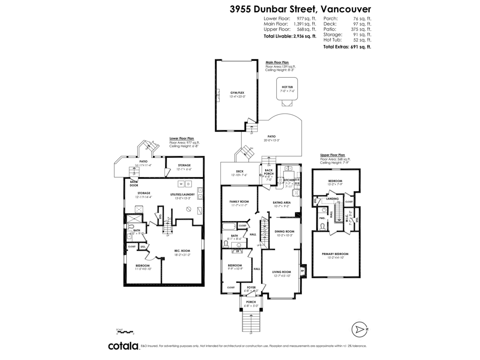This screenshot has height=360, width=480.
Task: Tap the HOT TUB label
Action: coord(287,87)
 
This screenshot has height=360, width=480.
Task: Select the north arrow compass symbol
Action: coord(360,329)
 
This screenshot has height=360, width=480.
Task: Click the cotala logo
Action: coord(123,346)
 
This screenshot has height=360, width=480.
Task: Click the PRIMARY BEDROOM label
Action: coord(335,254)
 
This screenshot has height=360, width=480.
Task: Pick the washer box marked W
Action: coord(181,184)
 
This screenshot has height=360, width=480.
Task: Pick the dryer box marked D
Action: coord(188,184)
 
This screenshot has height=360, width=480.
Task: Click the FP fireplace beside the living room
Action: coord(302,271)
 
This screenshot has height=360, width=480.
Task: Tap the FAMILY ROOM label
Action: coord(239,201)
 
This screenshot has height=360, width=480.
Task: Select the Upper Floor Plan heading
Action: coord(332,155)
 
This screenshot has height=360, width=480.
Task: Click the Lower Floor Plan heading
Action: coord(182,138)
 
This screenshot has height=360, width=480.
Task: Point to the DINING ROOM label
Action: coord(284,231)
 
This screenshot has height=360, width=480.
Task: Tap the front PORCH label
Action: coord(251,302)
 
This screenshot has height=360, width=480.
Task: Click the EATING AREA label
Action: coord(282,202)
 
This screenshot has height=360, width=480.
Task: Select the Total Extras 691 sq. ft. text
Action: coord(347,47)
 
